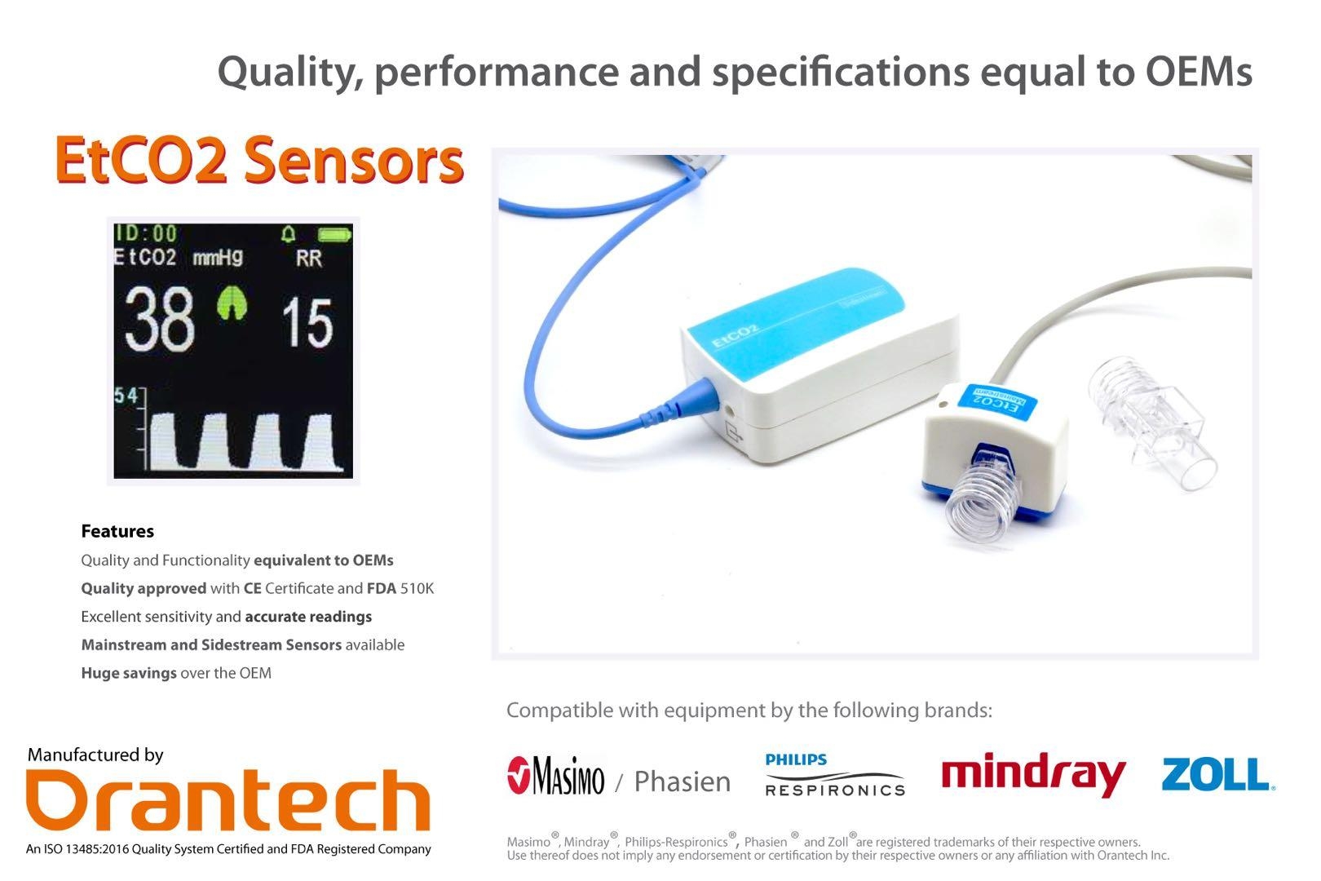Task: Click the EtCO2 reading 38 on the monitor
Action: pos(159,319)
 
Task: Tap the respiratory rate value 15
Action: pos(307,322)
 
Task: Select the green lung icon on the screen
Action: pos(232,303)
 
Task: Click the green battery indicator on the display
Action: pos(334,235)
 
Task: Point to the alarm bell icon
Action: pos(288,233)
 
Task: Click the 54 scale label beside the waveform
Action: pos(126,396)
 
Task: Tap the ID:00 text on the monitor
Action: pos(146,233)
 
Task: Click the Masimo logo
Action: pos(555,776)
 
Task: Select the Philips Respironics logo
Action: pos(834,775)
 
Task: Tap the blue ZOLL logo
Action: pos(1218,774)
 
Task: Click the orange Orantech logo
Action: pos(228,800)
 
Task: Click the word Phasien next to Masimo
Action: pos(683,781)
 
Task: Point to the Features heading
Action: pos(117,531)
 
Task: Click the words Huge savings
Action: pos(129,673)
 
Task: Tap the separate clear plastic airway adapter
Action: pos(1150,421)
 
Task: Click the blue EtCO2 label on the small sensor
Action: pos(996,402)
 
